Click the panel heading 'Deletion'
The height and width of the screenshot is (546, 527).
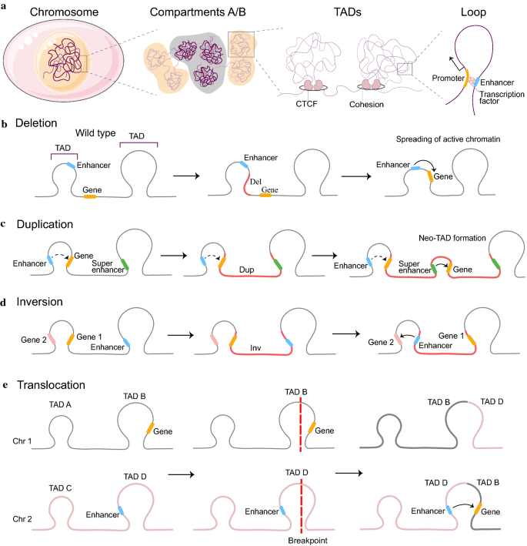tap(35, 123)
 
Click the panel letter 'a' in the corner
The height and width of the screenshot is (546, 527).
tap(5, 7)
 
